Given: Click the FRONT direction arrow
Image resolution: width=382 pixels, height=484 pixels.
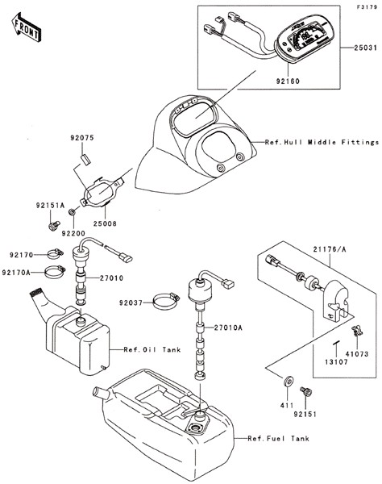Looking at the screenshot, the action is (26, 27).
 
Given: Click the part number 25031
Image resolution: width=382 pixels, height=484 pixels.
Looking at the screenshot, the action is (365, 48).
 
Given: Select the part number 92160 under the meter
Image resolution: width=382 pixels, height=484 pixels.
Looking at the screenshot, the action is (288, 81).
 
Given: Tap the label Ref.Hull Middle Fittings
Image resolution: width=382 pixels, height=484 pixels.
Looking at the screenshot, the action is (322, 142).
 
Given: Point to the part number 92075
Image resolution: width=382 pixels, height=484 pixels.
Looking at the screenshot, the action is (82, 138).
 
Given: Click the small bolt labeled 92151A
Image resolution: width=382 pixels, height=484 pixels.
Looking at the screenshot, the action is (54, 226).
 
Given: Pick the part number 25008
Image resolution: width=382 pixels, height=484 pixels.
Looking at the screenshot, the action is (105, 223).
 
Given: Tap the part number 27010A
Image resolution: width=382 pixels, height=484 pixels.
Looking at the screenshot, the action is (228, 328).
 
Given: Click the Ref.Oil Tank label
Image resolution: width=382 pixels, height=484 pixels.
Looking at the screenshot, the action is (152, 350).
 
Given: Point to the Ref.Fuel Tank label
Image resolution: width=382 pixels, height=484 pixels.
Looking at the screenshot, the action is (278, 438).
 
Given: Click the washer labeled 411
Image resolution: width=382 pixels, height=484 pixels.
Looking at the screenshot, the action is (289, 382).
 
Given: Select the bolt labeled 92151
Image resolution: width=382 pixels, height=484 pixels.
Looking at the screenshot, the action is (306, 392).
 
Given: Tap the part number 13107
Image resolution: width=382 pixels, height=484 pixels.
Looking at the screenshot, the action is (336, 361).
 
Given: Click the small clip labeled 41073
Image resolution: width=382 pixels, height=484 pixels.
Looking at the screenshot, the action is (357, 331).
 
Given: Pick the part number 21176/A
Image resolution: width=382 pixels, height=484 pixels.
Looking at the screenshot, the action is (330, 249).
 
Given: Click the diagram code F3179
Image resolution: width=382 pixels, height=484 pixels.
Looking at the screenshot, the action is (367, 7).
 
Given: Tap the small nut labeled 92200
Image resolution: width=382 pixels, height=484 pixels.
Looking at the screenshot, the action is (73, 212).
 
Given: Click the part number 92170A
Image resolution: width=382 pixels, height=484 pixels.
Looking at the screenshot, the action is (16, 273).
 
